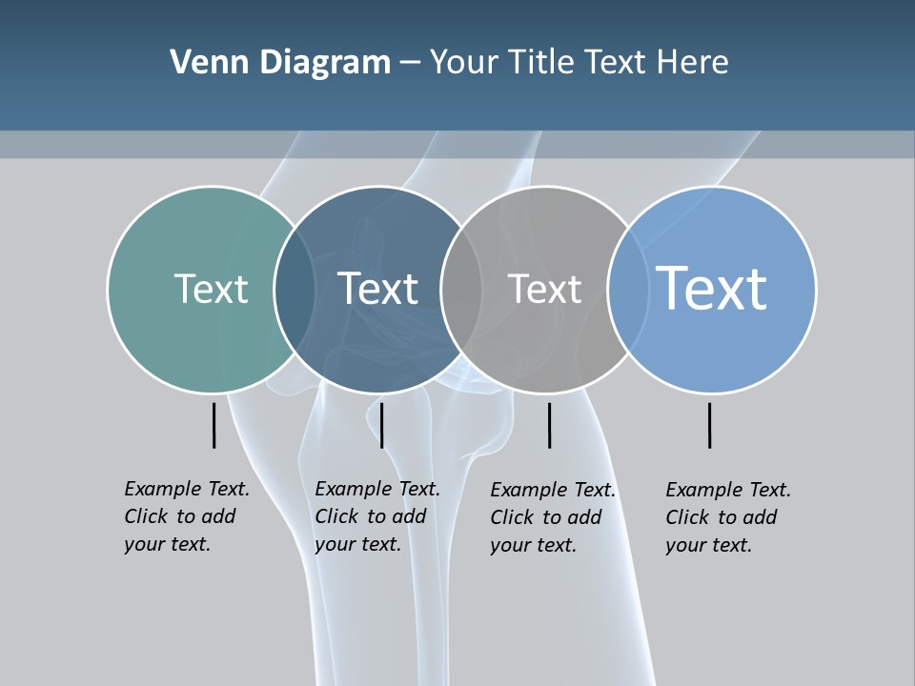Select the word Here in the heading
pyautogui.click(x=692, y=63)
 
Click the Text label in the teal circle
pyautogui.click(x=211, y=289)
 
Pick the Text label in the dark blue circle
pyautogui.click(x=377, y=289)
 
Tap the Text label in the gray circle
pyautogui.click(x=544, y=289)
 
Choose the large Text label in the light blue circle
pyautogui.click(x=711, y=288)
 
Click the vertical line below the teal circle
pyautogui.click(x=213, y=425)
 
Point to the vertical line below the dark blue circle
pyautogui.click(x=381, y=425)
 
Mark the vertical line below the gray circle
pyautogui.click(x=549, y=425)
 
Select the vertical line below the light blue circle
pyautogui.click(x=709, y=425)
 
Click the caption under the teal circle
pyautogui.click(x=187, y=516)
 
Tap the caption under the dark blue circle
pyautogui.click(x=377, y=516)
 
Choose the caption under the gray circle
pyautogui.click(x=553, y=517)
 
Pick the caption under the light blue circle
pyautogui.click(x=728, y=517)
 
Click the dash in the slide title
pyautogui.click(x=410, y=63)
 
